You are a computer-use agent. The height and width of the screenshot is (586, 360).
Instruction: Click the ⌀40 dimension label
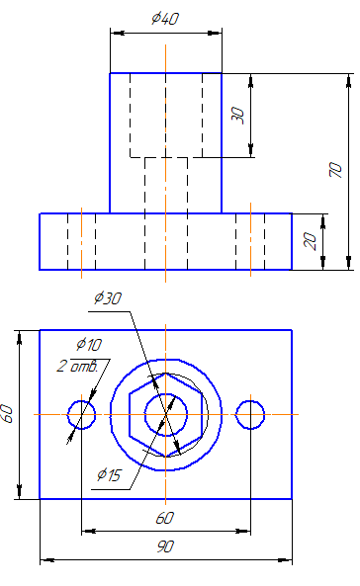tap(165, 19)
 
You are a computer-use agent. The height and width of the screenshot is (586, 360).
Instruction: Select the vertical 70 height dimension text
tap(335, 170)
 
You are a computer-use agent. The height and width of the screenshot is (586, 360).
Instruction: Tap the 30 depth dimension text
tap(237, 115)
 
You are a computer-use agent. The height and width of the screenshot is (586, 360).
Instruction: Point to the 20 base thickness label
tap(311, 241)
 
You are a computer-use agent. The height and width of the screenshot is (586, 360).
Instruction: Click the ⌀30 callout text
tap(108, 298)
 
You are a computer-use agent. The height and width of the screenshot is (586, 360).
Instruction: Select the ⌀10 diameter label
tap(89, 344)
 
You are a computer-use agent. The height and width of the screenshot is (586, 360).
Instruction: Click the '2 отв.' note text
tap(77, 366)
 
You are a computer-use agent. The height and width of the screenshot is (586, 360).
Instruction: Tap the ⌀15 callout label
tap(109, 474)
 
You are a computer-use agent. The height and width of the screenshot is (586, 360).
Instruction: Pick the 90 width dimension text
tap(165, 546)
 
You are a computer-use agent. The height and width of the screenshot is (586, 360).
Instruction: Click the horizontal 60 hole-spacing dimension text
tap(165, 518)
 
